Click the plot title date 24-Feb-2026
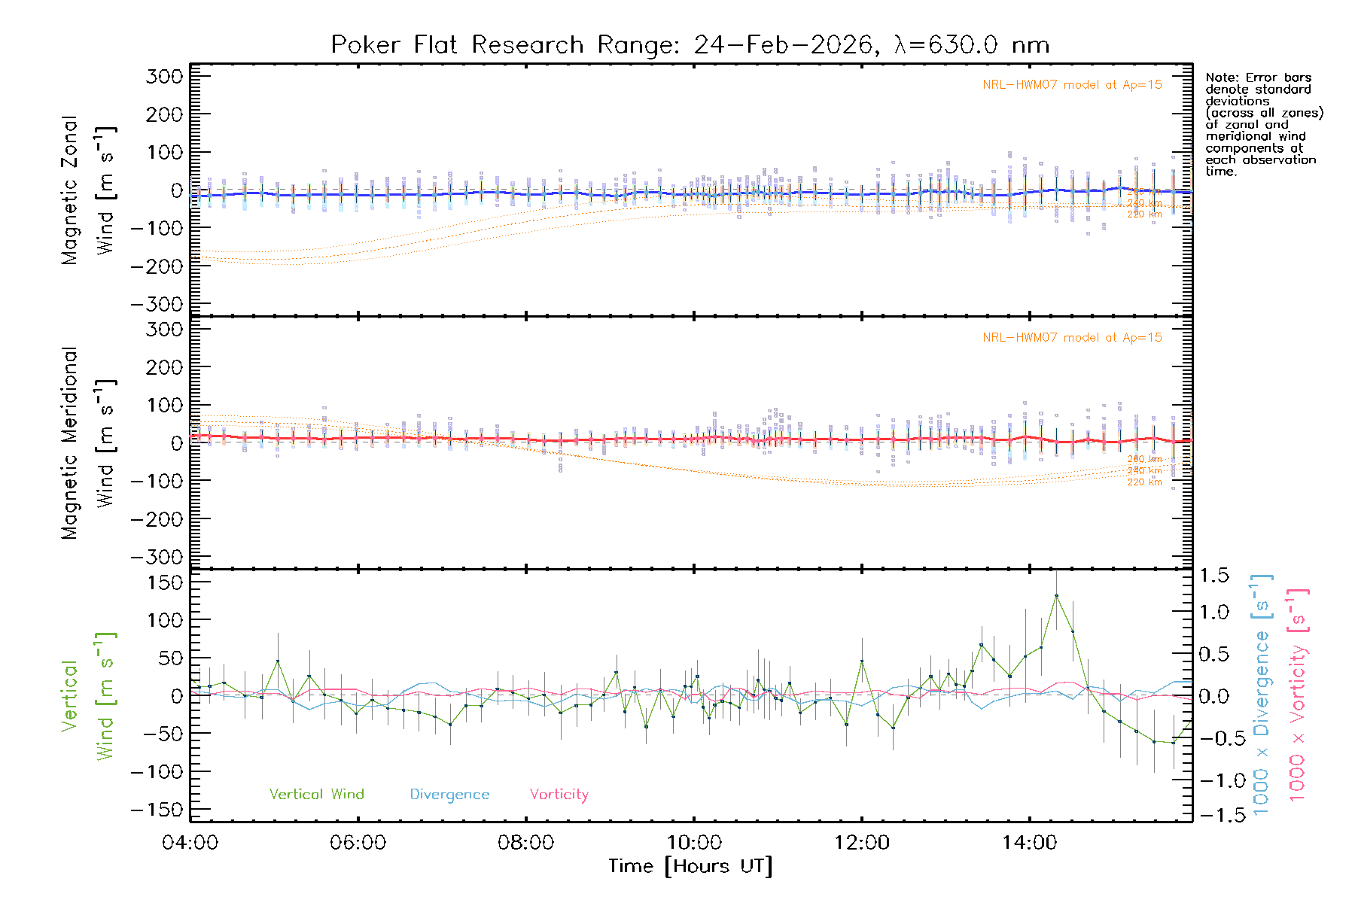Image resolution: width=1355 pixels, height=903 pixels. (784, 45)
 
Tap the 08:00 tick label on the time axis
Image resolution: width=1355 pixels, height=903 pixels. (525, 843)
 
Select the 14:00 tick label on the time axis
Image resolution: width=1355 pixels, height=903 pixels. (1029, 843)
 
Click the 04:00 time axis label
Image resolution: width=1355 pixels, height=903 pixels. (190, 843)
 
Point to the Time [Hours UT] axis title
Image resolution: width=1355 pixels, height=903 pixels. (690, 867)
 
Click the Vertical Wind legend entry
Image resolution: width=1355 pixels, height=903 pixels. (316, 795)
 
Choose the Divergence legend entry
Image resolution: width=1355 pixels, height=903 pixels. (449, 795)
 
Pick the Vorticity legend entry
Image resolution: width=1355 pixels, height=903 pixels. (559, 795)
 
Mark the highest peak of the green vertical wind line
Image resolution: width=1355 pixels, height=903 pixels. (1056, 595)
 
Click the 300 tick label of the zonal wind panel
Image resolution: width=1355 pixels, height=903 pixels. (164, 77)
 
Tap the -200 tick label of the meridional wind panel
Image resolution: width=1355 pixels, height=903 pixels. (157, 519)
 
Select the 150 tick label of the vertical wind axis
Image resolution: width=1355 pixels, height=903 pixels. (164, 582)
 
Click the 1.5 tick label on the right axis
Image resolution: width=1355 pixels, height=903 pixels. (1214, 576)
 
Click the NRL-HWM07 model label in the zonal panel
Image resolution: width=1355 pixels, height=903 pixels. (1072, 85)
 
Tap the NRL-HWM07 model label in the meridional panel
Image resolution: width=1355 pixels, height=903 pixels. (1072, 338)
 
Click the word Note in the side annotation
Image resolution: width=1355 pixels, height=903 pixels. (1219, 78)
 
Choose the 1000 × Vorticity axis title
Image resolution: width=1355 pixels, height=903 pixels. (1297, 694)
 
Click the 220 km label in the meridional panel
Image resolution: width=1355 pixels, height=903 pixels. (1144, 482)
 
